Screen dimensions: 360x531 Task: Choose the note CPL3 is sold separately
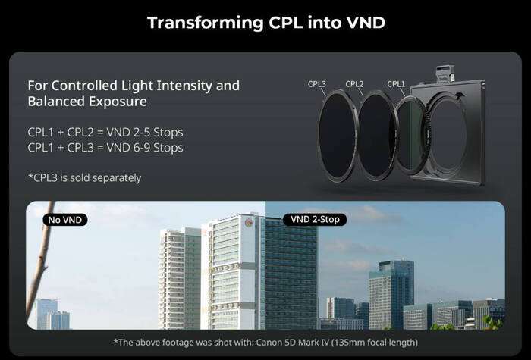pyautogui.click(x=84, y=178)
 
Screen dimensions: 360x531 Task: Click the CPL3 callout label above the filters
pyautogui.click(x=317, y=84)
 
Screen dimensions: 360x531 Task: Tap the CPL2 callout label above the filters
pyautogui.click(x=355, y=84)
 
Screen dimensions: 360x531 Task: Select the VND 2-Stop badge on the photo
pyautogui.click(x=316, y=220)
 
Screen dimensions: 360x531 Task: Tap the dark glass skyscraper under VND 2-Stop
pyautogui.click(x=291, y=277)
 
